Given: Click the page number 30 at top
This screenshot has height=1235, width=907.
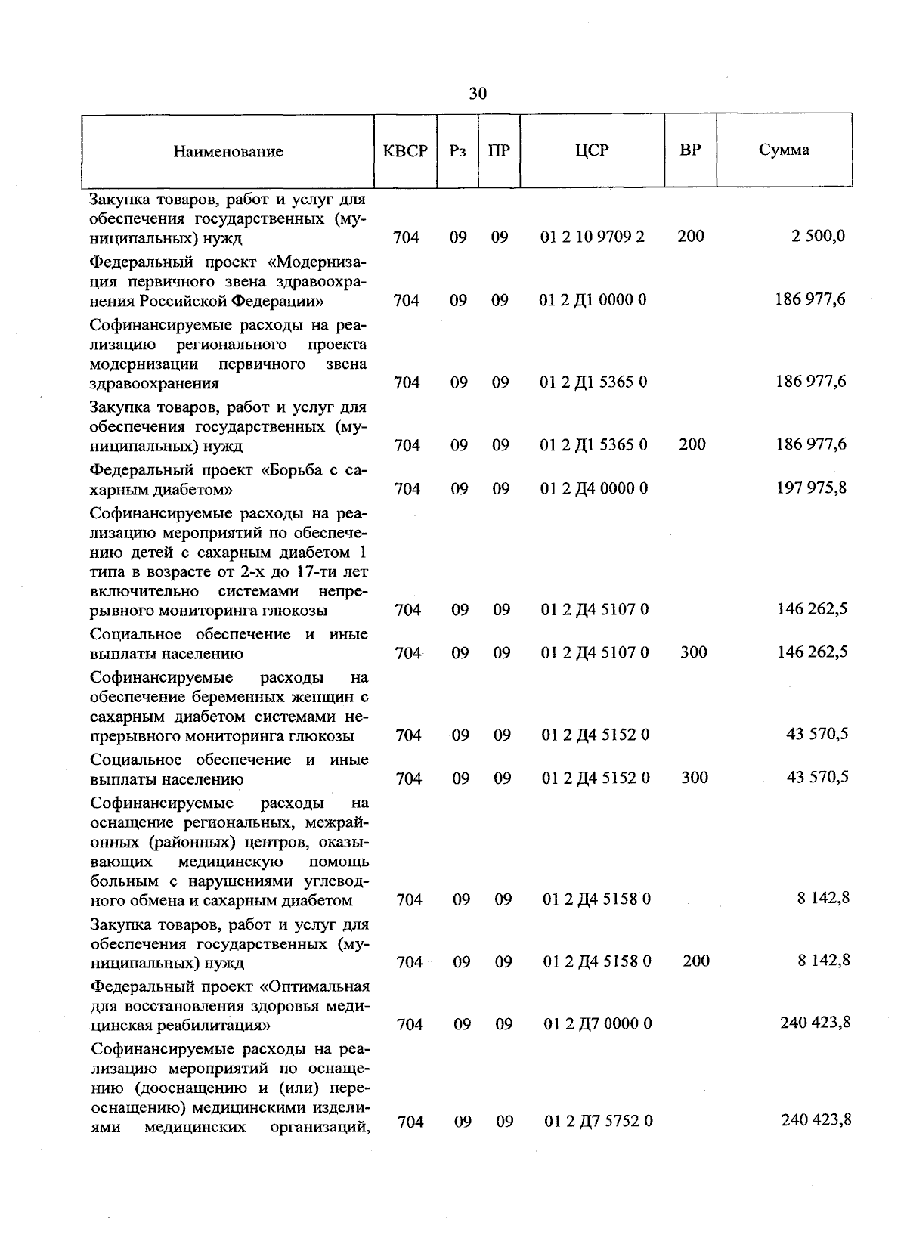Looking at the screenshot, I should [x=478, y=94].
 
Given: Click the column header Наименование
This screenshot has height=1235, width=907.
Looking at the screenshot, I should [x=228, y=151].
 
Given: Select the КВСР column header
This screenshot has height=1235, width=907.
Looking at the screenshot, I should [x=405, y=150].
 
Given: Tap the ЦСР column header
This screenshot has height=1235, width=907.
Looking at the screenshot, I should [x=592, y=150].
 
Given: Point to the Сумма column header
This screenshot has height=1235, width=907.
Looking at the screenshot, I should [x=784, y=150].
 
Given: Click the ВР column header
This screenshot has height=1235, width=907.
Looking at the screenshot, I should [x=690, y=150].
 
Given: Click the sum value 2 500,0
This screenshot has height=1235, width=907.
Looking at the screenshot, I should [x=819, y=237].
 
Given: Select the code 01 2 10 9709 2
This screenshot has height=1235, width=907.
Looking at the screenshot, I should [x=593, y=237].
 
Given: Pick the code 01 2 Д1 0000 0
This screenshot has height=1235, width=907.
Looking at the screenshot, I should [x=593, y=300].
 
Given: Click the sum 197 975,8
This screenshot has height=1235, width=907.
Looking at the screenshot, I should [x=812, y=487].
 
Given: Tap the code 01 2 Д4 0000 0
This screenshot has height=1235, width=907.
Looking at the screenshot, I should [x=594, y=488].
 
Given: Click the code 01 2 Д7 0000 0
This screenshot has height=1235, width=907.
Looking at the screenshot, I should [x=598, y=1023].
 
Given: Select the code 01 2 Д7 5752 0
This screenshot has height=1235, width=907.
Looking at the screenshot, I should [x=599, y=1121].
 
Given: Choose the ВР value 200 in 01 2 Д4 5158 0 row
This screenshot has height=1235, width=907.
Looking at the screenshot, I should [x=696, y=961].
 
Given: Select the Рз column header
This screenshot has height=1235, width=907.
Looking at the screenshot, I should [x=457, y=150].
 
